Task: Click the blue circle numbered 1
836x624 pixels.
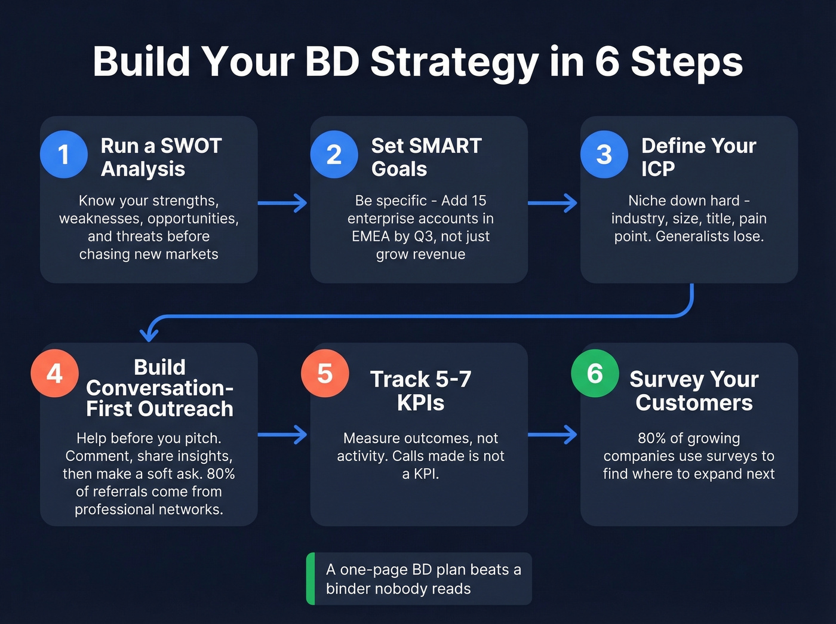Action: tap(64, 154)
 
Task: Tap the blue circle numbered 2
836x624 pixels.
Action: tap(334, 154)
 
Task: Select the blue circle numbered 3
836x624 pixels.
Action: tap(604, 154)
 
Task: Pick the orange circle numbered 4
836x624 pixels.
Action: tap(54, 373)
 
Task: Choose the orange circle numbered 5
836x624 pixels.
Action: tap(325, 373)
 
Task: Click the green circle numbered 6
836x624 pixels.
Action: tap(595, 373)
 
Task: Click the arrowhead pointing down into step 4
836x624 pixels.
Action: tap(149, 333)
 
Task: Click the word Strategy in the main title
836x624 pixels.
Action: tap(454, 62)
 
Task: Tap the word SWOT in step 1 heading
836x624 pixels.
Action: tap(191, 146)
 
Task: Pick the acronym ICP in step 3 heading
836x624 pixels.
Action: tap(658, 169)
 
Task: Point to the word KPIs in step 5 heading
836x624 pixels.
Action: tap(420, 403)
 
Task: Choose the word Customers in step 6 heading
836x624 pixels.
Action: tap(694, 403)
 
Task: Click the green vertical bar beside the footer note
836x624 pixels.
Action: tap(311, 579)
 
